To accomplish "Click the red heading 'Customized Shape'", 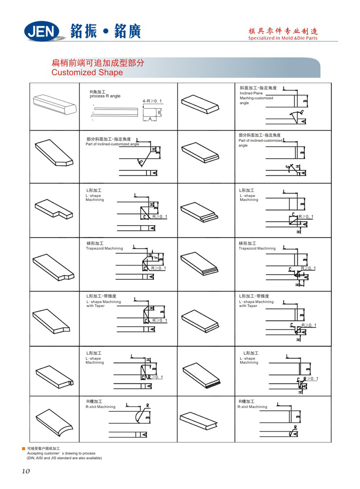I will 87,73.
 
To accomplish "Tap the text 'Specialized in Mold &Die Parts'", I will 283,38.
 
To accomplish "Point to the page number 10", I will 26,471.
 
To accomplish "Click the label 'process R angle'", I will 105,96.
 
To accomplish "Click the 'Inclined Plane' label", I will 251,93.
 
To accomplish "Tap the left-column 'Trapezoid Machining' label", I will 104,248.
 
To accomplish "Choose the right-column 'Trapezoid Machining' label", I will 257,248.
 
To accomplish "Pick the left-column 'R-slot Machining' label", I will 100,407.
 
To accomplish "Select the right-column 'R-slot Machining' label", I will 252,407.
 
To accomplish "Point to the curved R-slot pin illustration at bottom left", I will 54,419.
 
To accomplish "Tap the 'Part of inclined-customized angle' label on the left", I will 112,144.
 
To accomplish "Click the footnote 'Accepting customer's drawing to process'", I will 61,453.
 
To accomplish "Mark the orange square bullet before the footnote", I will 24,449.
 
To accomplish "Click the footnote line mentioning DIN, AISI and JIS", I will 64,458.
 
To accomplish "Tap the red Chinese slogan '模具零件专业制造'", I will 283,31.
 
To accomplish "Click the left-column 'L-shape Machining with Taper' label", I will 103,304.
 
